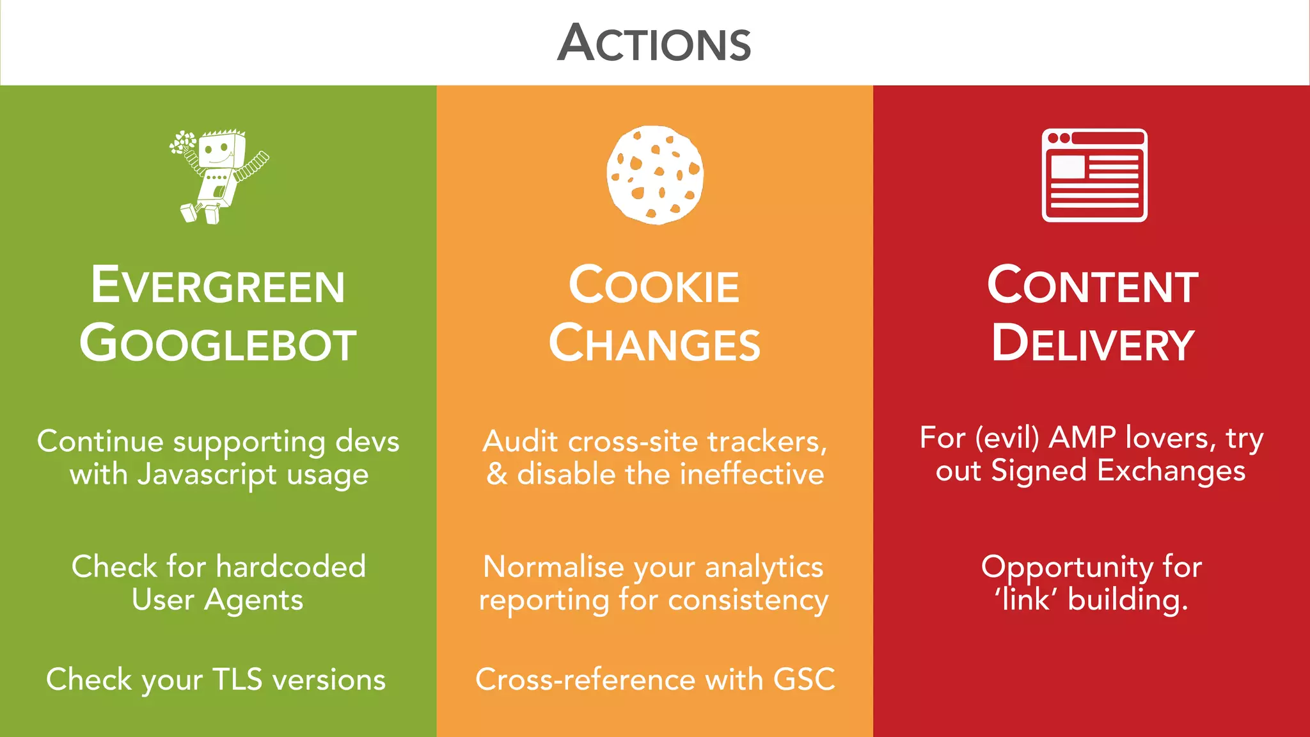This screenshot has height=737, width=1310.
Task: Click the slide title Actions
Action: pos(654,43)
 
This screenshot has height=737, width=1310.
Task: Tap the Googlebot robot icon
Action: pos(219,176)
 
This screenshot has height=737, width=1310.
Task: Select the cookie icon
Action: pos(654,175)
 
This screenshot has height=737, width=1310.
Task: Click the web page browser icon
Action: pos(1094,175)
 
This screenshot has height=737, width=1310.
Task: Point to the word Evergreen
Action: pos(218,285)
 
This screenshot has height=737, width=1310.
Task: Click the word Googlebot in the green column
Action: pos(218,344)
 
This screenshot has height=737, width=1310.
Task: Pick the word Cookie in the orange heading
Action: pos(654,285)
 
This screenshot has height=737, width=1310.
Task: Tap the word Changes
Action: pos(654,344)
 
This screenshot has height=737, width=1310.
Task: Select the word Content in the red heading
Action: pos(1093,285)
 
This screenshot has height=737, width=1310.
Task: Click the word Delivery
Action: pos(1093,344)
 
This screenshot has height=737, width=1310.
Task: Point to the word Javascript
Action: pos(207,475)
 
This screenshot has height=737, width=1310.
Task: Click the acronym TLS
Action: pos(237,679)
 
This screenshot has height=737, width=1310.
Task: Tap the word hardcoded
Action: pos(291,567)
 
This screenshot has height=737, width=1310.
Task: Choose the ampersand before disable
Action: pos(497,475)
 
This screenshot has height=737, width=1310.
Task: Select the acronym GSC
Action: pos(804,679)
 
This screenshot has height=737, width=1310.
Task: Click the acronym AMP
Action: pos(1083,438)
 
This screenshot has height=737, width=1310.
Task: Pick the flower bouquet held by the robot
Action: pos(183,142)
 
